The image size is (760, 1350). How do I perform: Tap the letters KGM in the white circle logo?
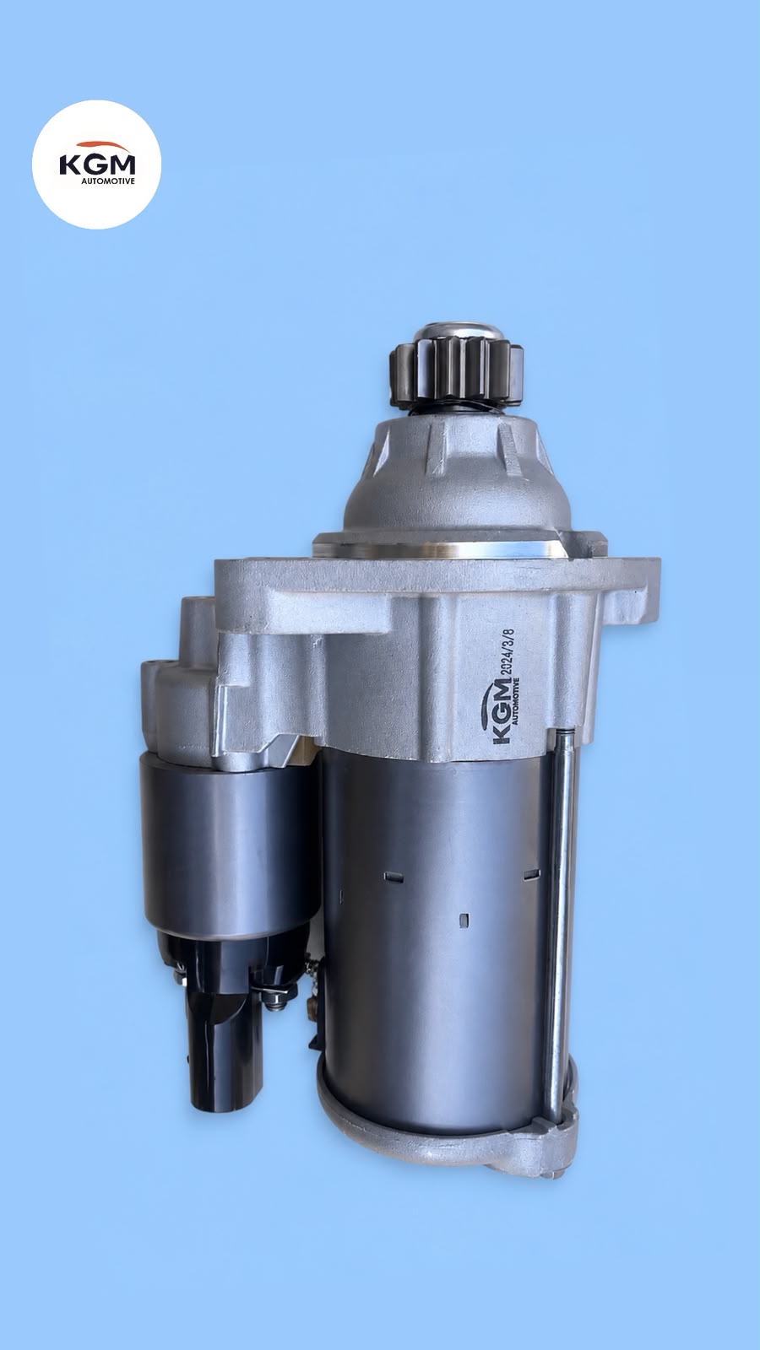pos(97,165)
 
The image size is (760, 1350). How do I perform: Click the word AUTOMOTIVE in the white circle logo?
pos(108,181)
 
